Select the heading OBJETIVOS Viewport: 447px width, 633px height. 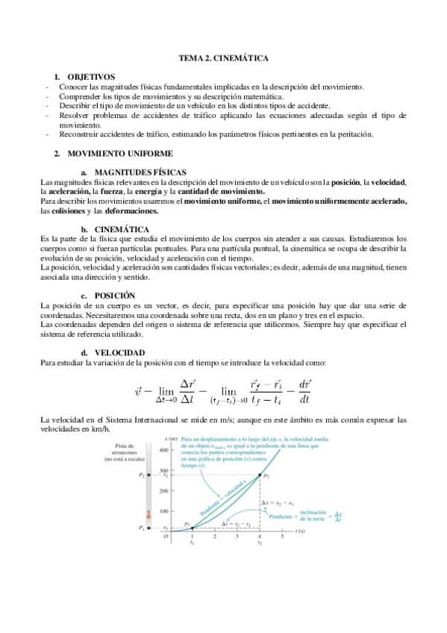(91, 77)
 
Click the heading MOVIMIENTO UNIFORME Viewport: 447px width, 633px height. (119, 153)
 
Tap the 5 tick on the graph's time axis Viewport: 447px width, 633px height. (282, 535)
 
